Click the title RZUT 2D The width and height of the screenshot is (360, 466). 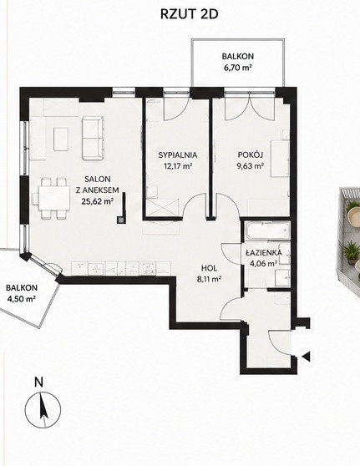point(189,14)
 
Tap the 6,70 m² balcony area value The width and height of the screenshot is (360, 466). point(238,68)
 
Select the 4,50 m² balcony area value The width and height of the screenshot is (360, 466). point(21,299)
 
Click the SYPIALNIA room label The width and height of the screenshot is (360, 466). point(178,154)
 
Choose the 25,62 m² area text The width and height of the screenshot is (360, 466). point(98,201)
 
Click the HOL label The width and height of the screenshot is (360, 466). point(210,268)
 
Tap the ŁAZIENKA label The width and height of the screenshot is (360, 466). point(264,253)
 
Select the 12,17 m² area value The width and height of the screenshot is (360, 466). point(178,165)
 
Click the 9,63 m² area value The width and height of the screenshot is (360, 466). point(251,165)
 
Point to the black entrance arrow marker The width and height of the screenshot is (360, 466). point(306,356)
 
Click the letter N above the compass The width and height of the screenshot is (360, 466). point(38,382)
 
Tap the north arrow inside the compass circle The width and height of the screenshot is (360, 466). point(43,409)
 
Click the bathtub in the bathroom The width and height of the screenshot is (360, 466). point(267,230)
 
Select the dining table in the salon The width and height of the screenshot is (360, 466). point(53,198)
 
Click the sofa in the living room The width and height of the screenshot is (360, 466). point(94,138)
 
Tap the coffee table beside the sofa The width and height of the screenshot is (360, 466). point(61,139)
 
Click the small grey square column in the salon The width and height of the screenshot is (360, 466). point(121,220)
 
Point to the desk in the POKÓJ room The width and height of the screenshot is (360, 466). point(280,159)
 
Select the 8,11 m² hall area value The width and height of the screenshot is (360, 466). point(210,279)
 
